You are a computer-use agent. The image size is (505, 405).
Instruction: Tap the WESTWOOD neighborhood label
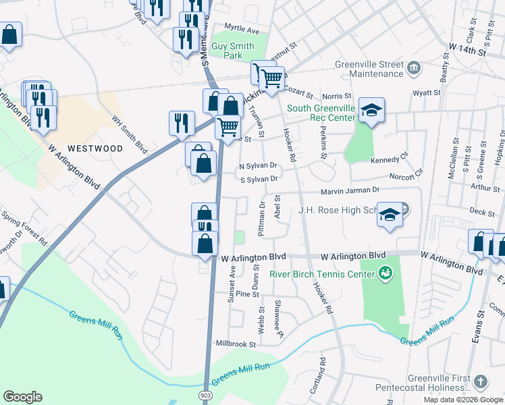[x=95, y=148]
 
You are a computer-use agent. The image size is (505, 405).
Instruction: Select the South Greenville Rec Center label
[x=321, y=113]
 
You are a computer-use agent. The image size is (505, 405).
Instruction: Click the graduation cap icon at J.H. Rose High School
[x=390, y=214]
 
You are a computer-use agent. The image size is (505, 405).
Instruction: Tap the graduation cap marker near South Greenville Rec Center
[x=371, y=110]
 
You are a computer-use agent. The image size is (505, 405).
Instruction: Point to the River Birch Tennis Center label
[x=322, y=273]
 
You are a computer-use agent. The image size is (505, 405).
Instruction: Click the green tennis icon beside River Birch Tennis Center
[x=385, y=273]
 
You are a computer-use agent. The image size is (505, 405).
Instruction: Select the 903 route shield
[x=205, y=394]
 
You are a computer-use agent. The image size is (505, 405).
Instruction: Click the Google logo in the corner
[x=22, y=397]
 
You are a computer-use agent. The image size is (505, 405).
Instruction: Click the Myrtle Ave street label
[x=242, y=31]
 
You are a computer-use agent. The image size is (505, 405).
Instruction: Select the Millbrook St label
[x=235, y=344]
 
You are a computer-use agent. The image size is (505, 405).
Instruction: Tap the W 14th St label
[x=467, y=51]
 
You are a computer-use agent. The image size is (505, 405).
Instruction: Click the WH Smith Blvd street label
[x=129, y=135]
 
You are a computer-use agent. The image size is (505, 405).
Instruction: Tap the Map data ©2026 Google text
[x=463, y=400]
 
